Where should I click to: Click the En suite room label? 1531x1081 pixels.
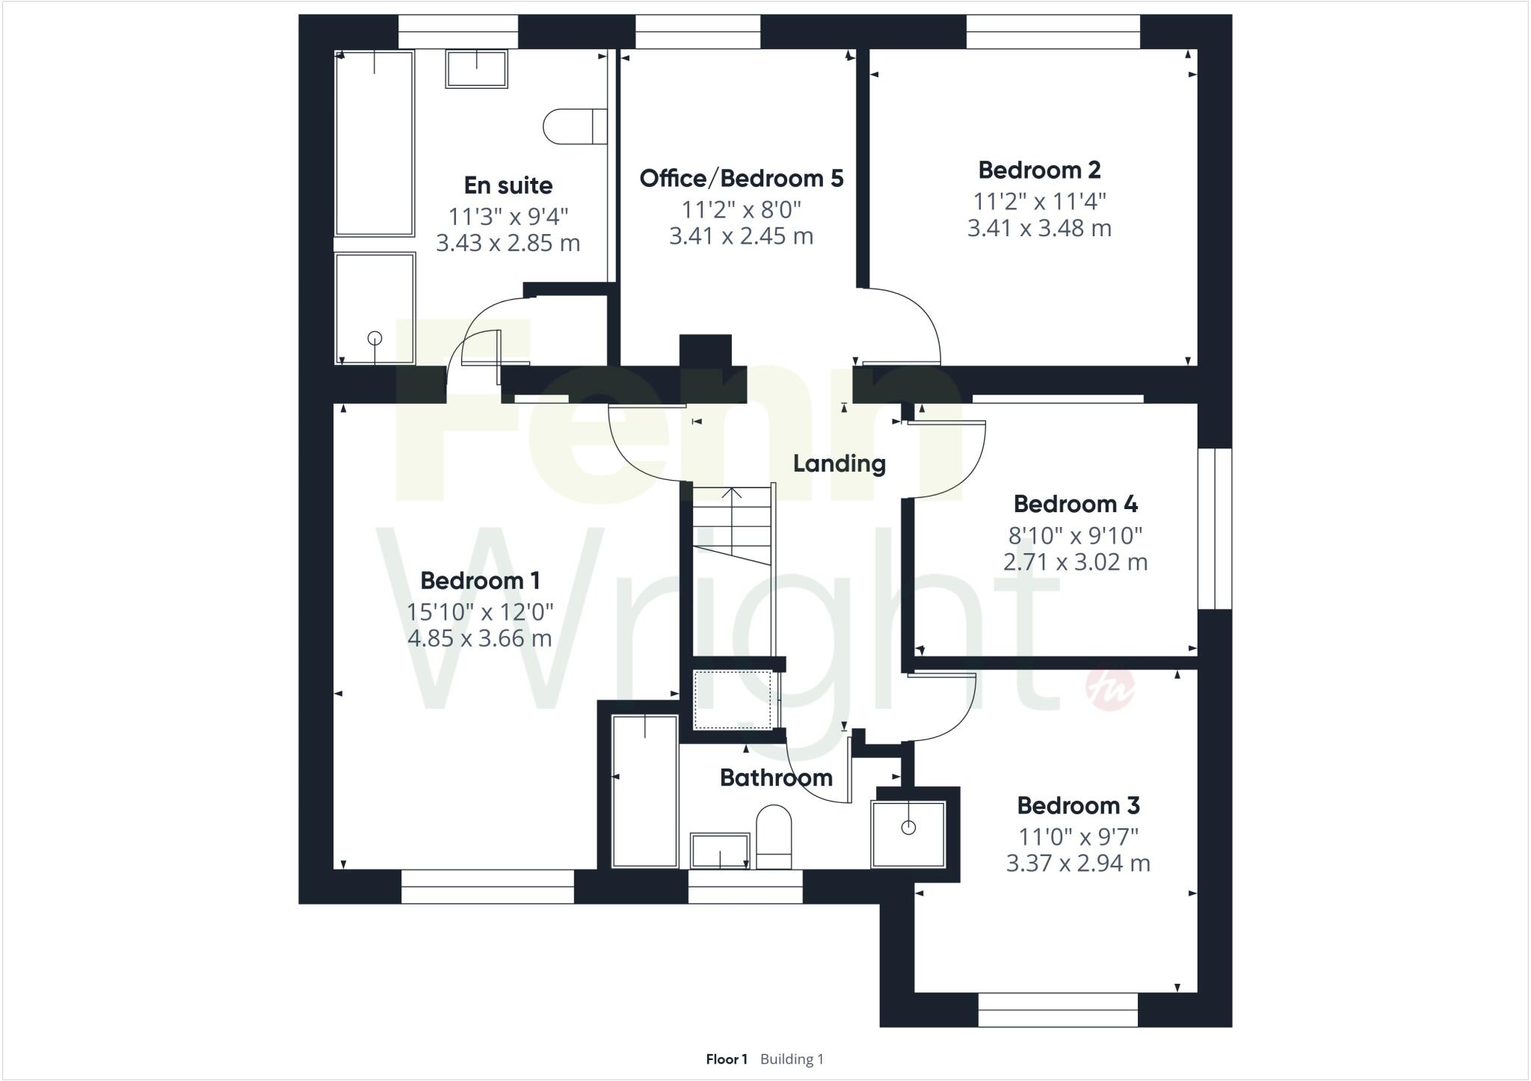508,185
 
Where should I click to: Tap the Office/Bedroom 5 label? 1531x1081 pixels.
741,179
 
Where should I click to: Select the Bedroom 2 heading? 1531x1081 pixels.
1039,170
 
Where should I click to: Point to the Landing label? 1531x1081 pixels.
839,463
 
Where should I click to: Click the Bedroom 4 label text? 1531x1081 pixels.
1075,505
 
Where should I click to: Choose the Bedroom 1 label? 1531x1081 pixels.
480,581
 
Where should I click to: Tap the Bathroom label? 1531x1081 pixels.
776,778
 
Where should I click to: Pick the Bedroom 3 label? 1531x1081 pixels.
1078,806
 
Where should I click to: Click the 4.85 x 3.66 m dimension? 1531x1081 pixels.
480,638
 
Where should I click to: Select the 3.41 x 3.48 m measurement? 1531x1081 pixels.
1039,228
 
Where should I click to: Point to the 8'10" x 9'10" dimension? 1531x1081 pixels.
1075,535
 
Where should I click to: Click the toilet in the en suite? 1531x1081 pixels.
574,126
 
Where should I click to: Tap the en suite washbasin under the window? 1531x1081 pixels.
477,68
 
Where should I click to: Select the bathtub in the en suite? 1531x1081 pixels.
375,144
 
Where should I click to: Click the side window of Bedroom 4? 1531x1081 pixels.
1214,529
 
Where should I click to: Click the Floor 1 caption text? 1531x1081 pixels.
726,1059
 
